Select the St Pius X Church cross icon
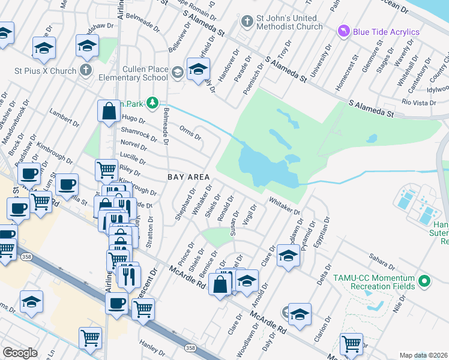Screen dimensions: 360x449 point(86,71)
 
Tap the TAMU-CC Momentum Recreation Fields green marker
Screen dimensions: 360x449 point(426,280)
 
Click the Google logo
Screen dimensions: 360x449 point(20,353)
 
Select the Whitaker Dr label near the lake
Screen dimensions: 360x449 point(284,206)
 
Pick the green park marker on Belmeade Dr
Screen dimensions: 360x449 point(153,102)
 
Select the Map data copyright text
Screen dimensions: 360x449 point(424,355)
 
